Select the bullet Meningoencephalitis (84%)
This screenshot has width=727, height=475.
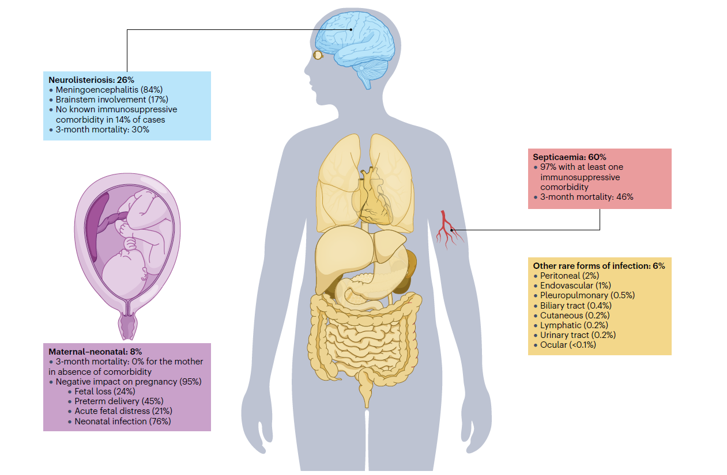pos(109,90)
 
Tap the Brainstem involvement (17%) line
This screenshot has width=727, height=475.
pos(111,100)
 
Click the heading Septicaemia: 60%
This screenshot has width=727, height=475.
pos(569,157)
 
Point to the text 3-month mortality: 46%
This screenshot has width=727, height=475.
pos(586,197)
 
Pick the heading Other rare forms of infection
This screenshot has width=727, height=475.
pos(599,266)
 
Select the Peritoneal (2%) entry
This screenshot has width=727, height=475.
pos(562,276)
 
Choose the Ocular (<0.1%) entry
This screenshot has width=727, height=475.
pos(568,345)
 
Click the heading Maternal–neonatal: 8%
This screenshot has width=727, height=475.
pos(95,351)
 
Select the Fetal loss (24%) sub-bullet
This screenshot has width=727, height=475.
pos(105,392)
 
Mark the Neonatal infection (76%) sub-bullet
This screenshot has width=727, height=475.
pos(122,421)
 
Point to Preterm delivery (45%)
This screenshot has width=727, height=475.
pos(119,401)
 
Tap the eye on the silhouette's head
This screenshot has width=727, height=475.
pos(318,55)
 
